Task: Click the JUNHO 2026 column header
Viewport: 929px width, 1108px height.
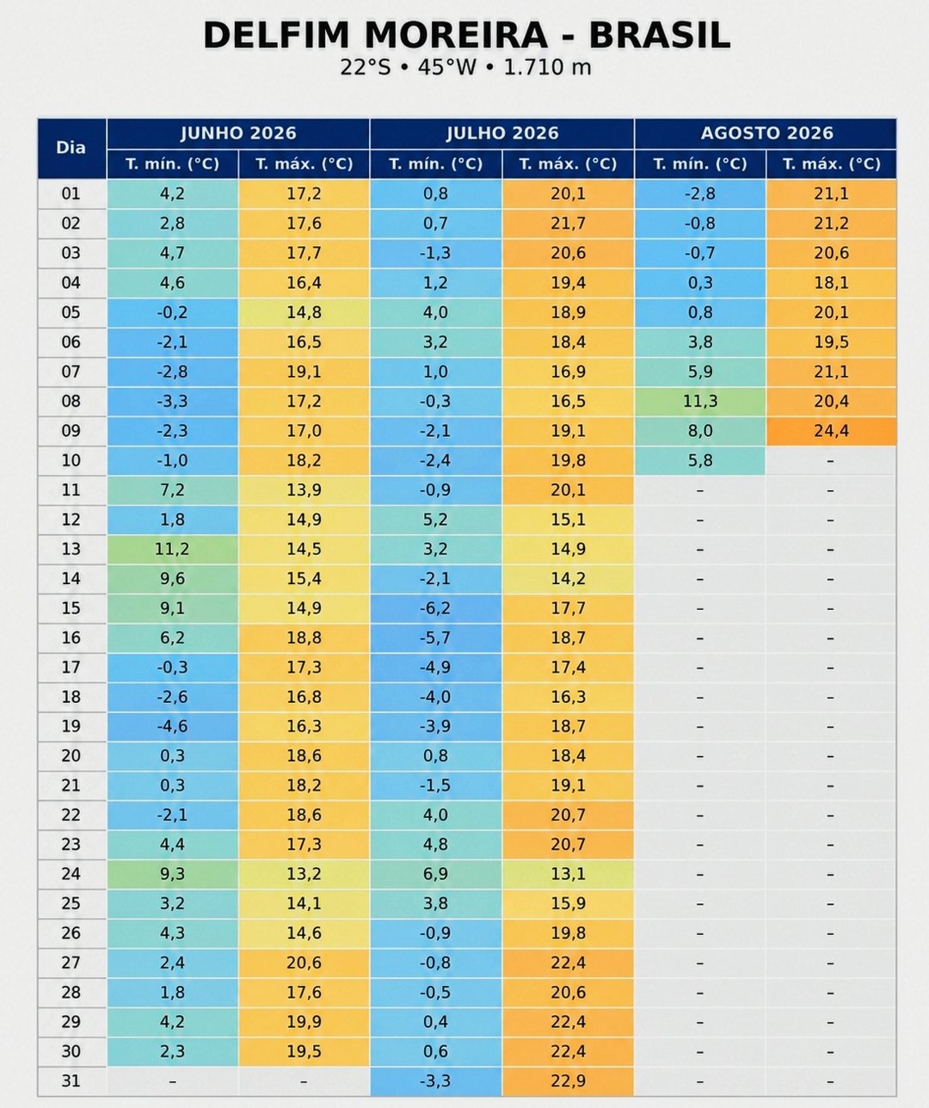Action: (238, 133)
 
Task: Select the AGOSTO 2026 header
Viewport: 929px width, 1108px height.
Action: (766, 133)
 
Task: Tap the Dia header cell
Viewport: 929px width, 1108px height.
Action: (71, 148)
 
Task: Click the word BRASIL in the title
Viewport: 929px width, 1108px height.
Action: (660, 35)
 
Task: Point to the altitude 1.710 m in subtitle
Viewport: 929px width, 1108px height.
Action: (547, 67)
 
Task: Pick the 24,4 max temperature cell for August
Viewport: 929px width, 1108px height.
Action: (832, 431)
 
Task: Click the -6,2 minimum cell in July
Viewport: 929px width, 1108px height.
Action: (435, 608)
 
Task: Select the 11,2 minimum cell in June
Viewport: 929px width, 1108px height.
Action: (172, 549)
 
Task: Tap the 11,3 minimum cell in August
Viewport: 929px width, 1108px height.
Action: (700, 401)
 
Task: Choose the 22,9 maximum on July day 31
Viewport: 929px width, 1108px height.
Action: (568, 1081)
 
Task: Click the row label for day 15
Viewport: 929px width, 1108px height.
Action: (71, 608)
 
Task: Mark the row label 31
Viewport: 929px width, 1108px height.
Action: (71, 1081)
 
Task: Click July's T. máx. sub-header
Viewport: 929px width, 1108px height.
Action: (568, 164)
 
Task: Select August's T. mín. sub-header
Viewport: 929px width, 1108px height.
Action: (700, 164)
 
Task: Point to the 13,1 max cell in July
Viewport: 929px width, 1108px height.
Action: (568, 874)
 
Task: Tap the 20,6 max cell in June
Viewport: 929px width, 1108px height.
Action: (304, 963)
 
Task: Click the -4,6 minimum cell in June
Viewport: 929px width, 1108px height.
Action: (172, 726)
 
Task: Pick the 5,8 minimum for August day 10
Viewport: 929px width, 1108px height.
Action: (700, 460)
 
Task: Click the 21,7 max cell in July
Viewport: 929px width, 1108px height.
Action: (568, 224)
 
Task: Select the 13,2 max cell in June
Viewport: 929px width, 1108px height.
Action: (304, 874)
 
